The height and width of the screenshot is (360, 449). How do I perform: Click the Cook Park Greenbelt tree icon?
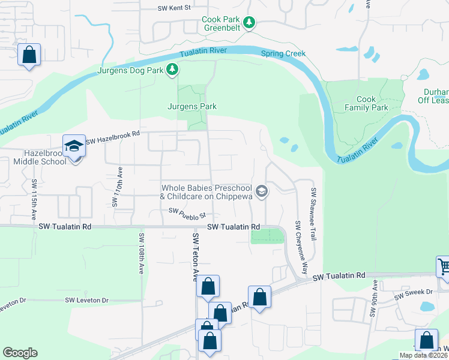coord(250,23)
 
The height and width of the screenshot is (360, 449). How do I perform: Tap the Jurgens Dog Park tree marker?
coord(172,70)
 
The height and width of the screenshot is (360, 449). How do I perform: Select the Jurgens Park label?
coord(191,106)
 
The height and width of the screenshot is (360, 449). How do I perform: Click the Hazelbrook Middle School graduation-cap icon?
coord(74,146)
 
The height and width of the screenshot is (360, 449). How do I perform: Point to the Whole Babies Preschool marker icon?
coord(261,191)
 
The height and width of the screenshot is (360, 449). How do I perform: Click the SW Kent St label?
coord(174,8)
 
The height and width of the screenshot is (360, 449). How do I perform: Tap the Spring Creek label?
coord(283,53)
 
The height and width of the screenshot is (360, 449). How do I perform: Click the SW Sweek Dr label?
coord(414,293)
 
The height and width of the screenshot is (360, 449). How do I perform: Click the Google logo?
coord(20,353)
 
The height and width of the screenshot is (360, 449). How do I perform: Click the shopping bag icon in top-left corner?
coord(29,55)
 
